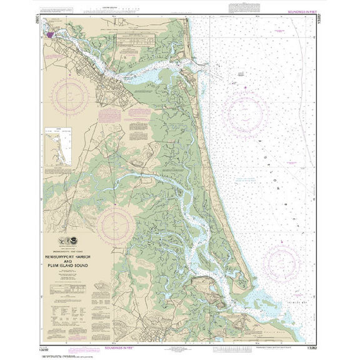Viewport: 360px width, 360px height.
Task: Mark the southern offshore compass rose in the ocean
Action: (281, 260)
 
